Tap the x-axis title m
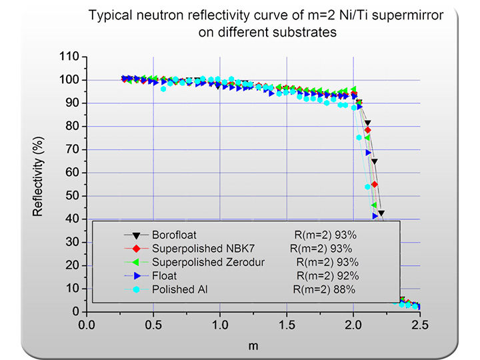coord(253,346)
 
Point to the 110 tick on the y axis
coord(71,57)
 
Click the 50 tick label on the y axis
coord(73,196)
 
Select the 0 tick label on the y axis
coord(76,311)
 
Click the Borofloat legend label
coord(174,235)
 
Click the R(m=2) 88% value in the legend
coord(324,289)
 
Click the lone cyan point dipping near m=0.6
coord(163,89)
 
